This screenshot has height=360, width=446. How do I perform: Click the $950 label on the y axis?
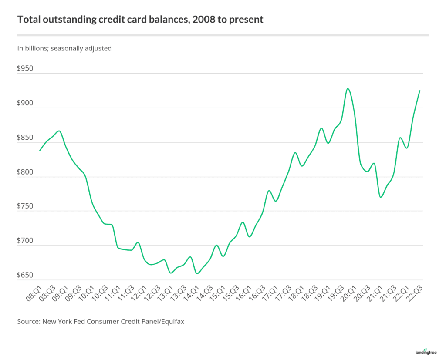(x=27, y=69)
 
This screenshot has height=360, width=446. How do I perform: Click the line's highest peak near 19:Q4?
(x=348, y=89)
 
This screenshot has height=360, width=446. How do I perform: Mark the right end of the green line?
(x=419, y=91)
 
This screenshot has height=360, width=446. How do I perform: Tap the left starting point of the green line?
(x=40, y=151)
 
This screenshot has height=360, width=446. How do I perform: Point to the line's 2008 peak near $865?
(x=59, y=131)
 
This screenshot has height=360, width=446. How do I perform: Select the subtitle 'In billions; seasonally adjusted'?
(x=64, y=48)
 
